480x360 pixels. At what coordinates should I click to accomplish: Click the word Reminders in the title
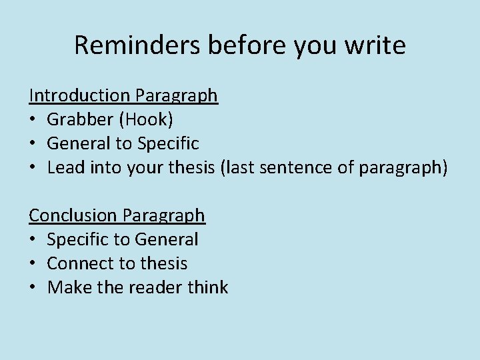pos(137,45)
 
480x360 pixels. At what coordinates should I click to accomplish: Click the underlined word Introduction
pos(79,95)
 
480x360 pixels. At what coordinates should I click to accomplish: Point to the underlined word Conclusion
pos(74,215)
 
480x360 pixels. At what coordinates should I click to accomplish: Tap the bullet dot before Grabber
pos(33,120)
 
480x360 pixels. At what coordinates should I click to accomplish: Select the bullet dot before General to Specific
pos(33,144)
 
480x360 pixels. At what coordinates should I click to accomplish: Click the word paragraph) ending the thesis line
pos(403,167)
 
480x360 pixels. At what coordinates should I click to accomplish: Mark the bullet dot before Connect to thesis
pos(33,264)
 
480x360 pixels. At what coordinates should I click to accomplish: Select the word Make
pos(65,287)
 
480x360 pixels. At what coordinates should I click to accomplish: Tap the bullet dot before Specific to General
pos(33,240)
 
